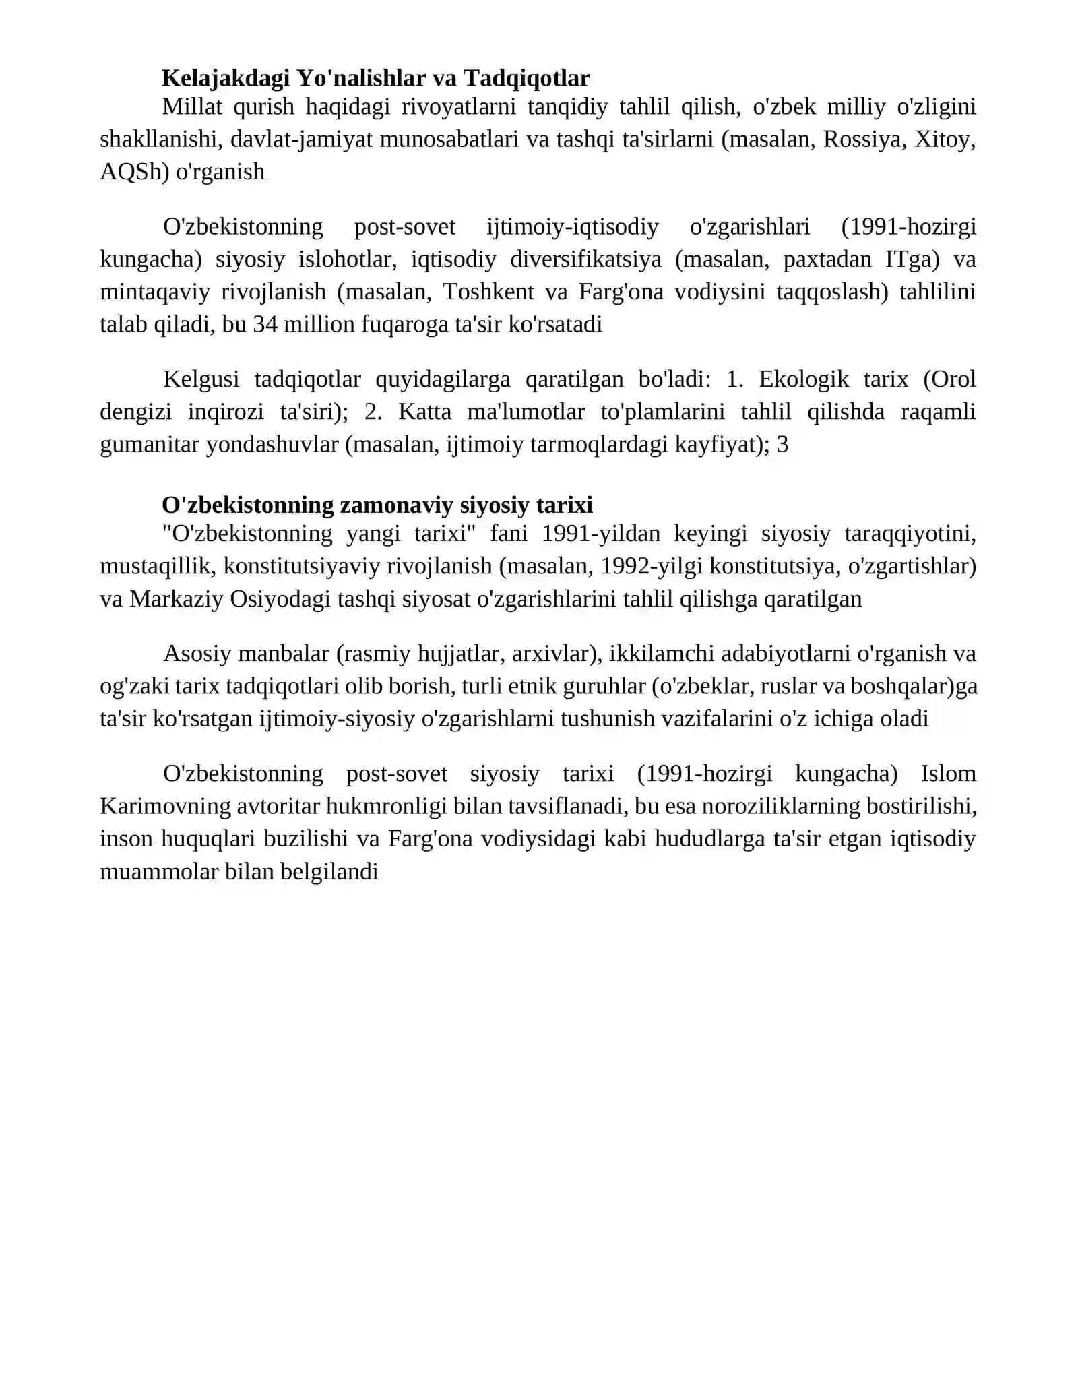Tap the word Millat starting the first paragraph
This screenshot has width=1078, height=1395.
(191, 106)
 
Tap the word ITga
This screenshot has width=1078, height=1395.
(912, 259)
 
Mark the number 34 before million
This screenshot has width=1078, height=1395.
(265, 324)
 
